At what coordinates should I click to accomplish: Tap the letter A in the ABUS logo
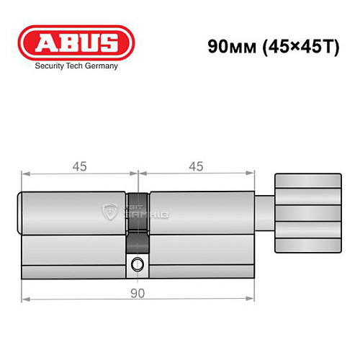point(42,42)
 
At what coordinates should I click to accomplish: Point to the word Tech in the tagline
point(76,69)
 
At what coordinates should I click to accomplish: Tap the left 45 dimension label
point(79,166)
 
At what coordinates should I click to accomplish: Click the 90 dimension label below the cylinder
point(137,293)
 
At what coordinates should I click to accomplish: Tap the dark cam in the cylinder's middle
point(137,216)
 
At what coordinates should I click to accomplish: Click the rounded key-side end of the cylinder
point(22,213)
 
